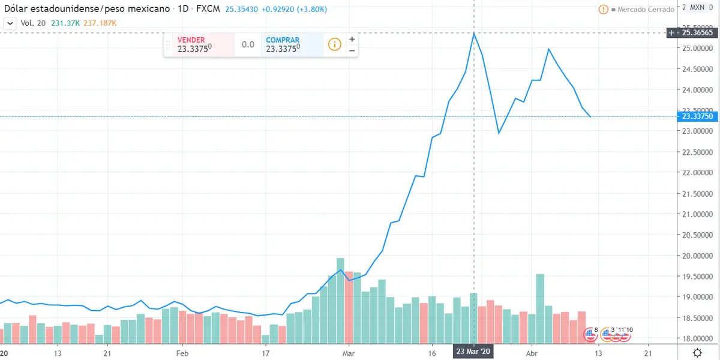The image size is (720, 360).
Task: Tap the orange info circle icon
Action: (334, 44)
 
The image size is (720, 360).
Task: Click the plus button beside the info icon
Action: (352, 39)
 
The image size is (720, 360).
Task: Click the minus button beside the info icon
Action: (352, 50)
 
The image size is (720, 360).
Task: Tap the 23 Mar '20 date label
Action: (473, 352)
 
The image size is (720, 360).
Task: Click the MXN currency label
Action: (697, 7)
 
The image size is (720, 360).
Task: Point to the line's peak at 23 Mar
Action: (474, 33)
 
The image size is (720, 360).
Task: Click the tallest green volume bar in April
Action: (540, 306)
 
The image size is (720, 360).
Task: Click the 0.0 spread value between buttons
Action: (248, 44)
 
